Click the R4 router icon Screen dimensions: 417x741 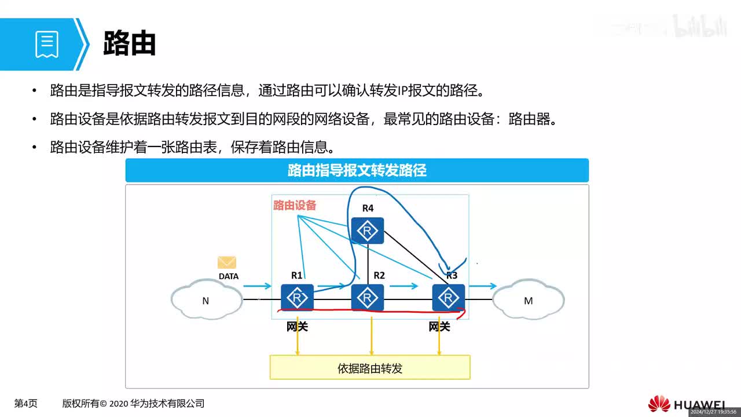click(368, 231)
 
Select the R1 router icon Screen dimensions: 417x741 click(297, 298)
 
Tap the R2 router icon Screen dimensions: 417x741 click(368, 298)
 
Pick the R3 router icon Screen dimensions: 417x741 click(448, 298)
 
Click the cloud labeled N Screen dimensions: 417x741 click(206, 301)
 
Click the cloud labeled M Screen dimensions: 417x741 click(528, 301)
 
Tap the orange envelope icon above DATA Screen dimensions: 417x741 click(227, 262)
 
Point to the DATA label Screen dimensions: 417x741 click(228, 276)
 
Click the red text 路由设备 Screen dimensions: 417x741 click(295, 205)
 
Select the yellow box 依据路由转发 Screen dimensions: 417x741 click(370, 368)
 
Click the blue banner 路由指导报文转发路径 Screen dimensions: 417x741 click(357, 170)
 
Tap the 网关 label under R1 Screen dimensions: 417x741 click(297, 327)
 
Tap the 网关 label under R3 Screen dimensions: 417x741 click(439, 327)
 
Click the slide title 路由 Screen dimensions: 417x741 click(130, 43)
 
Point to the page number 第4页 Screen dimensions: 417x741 click(26, 404)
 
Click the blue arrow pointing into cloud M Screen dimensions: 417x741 click(483, 286)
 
